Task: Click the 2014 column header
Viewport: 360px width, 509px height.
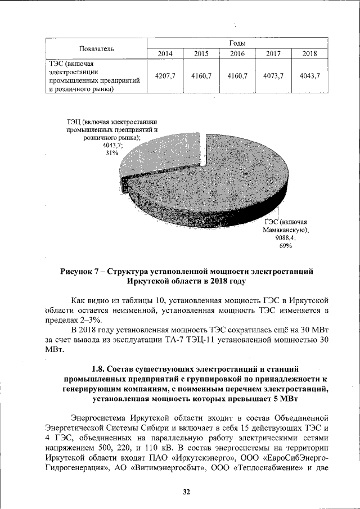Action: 165,54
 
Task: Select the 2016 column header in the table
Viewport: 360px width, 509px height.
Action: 237,54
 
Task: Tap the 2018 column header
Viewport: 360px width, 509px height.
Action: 309,54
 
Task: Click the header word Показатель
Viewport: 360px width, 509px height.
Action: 97,48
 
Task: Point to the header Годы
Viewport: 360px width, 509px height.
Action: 237,43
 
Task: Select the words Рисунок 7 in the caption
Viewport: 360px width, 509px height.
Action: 82,272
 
